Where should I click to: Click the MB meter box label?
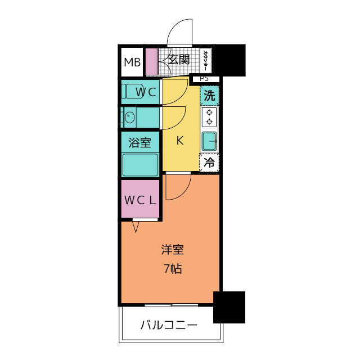click(x=132, y=62)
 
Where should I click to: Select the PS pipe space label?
click(x=204, y=79)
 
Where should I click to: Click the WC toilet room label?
click(x=145, y=92)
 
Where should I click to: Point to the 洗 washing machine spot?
click(x=209, y=96)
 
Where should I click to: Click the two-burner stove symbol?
click(x=209, y=117)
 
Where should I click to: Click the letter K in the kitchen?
click(x=180, y=141)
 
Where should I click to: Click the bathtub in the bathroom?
click(x=141, y=164)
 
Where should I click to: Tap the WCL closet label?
click(x=141, y=200)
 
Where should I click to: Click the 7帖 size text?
click(x=172, y=268)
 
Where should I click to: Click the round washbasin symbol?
click(x=130, y=118)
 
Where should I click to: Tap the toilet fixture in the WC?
click(x=132, y=92)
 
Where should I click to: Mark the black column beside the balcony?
click(x=229, y=307)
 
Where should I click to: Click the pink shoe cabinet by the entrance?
click(x=151, y=62)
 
